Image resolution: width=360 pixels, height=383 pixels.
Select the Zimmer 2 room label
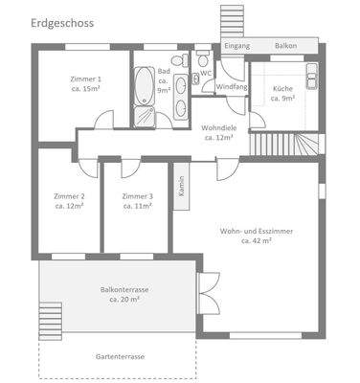pyautogui.click(x=69, y=201)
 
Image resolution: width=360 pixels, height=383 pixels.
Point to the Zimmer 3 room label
pyautogui.click(x=137, y=201)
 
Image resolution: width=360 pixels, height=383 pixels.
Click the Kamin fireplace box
pyautogui.click(x=180, y=186)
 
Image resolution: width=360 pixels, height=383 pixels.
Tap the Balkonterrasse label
pyautogui.click(x=120, y=293)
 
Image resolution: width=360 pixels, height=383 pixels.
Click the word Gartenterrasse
pyautogui.click(x=120, y=356)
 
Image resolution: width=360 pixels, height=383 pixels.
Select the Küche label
pyautogui.click(x=282, y=93)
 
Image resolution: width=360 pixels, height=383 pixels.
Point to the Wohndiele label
pyautogui.click(x=218, y=132)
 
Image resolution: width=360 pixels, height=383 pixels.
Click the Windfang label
pyautogui.click(x=231, y=87)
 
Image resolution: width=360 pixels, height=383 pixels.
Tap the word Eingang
pyautogui.click(x=236, y=46)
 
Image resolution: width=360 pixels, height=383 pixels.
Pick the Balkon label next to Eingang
pyautogui.click(x=284, y=46)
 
